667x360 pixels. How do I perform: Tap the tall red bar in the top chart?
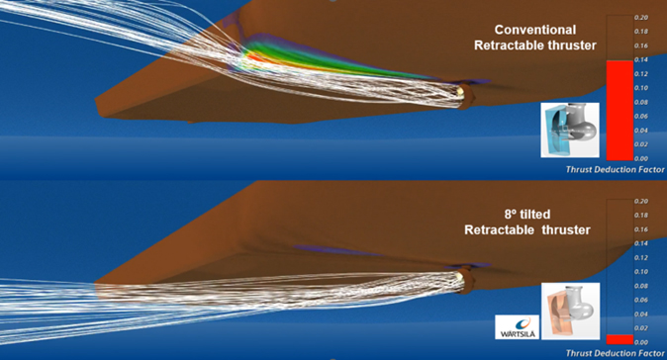[617, 109]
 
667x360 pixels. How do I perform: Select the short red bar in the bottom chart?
[617, 338]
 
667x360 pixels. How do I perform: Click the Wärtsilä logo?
[518, 326]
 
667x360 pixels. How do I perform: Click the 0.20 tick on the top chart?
[641, 18]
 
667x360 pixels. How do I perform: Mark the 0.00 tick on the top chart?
[641, 158]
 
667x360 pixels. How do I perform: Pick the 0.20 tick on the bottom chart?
[641, 202]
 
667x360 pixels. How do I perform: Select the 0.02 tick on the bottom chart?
[641, 327]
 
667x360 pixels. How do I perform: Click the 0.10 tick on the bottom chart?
[641, 271]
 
